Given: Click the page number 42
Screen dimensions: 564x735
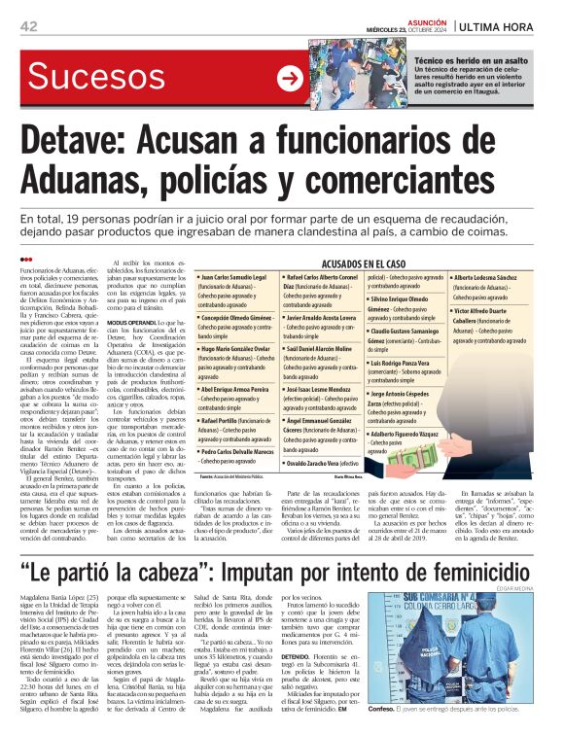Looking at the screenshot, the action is [x=28, y=25].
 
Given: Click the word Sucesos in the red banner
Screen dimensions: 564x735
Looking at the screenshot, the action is [x=100, y=78].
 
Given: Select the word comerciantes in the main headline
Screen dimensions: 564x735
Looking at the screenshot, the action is [x=427, y=181].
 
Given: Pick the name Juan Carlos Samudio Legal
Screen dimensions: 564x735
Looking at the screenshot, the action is [x=237, y=278].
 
